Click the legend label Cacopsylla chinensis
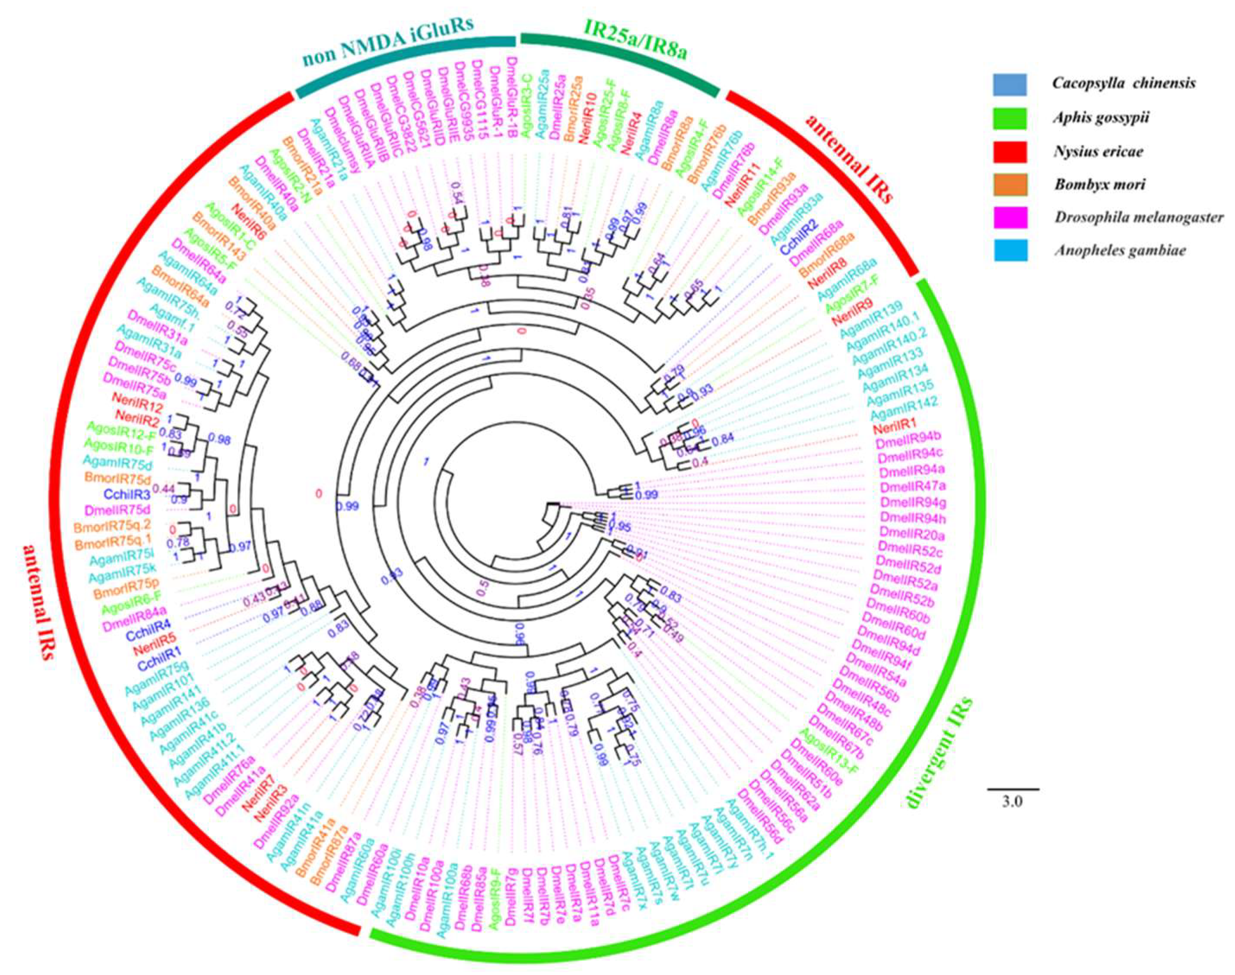pos(1124,83)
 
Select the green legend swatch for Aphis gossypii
pos(1010,118)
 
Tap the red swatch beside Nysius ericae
pos(1010,152)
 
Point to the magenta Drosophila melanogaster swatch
pos(1010,217)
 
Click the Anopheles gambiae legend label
pos(1119,251)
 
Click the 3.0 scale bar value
pos(1013,801)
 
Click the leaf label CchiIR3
pos(127,494)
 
